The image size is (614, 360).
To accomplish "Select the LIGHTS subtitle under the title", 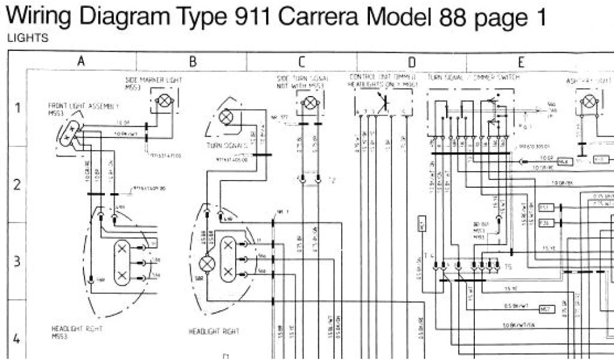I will (x=27, y=38).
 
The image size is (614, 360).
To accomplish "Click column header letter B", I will (x=192, y=61).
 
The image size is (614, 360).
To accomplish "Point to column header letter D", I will (x=412, y=61).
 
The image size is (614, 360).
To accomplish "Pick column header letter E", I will (x=521, y=61).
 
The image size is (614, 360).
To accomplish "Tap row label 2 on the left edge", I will (x=17, y=185).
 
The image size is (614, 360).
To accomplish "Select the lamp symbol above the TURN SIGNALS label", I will (x=227, y=116).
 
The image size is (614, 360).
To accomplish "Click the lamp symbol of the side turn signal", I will (x=309, y=102).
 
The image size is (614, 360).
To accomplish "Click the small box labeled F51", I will (x=546, y=208).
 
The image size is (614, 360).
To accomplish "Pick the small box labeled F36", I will (x=546, y=223).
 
